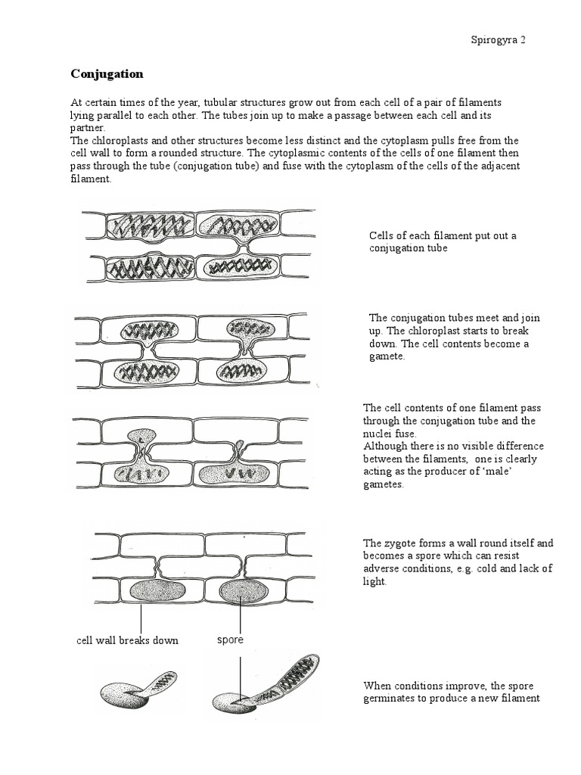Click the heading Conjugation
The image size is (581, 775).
107,74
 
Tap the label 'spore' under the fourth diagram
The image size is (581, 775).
230,640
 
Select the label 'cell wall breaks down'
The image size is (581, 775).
128,640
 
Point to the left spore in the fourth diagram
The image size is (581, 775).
157,590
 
